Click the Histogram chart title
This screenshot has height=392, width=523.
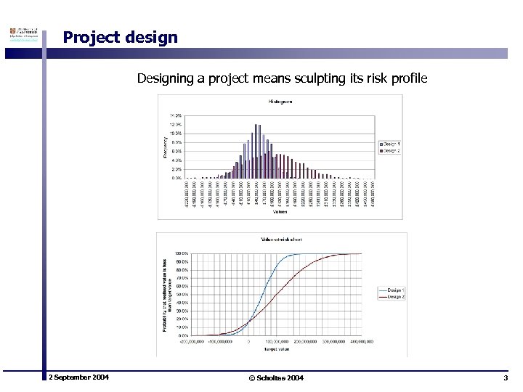tap(280, 102)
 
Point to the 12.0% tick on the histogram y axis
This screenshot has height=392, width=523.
tap(176, 125)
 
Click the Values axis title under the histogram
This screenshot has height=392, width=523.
tap(280, 212)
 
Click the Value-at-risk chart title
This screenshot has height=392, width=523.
tap(282, 239)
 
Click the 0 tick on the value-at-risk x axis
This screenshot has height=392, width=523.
tap(248, 340)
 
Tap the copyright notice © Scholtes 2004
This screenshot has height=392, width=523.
tap(276, 378)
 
